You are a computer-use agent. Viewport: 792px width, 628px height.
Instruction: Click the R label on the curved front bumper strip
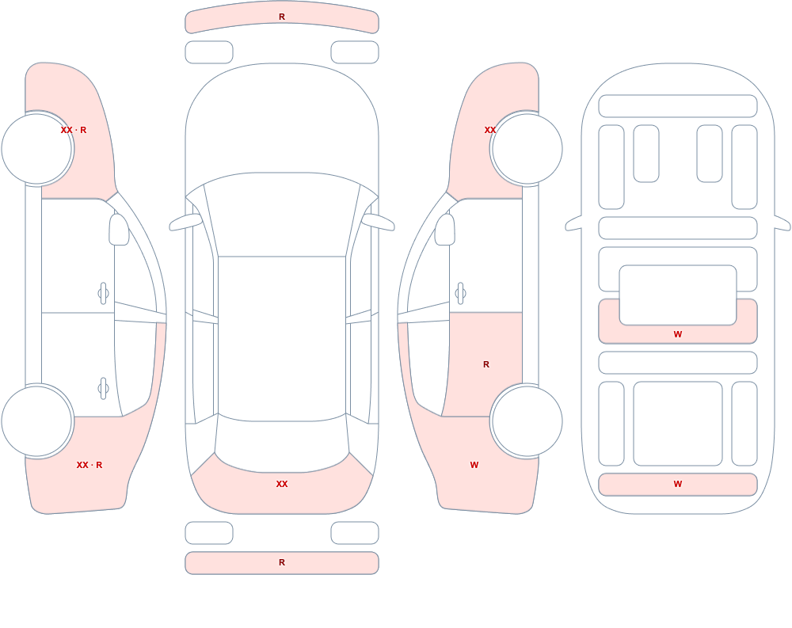click(282, 17)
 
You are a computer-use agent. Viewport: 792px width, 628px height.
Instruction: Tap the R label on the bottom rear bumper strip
click(282, 562)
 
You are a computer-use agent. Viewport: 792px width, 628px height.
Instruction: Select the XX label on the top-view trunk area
click(282, 484)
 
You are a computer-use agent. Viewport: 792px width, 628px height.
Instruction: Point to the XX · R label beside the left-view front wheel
click(74, 130)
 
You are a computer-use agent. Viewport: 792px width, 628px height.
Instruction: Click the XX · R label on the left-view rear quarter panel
click(89, 465)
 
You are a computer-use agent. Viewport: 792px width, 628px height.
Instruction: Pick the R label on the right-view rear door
click(486, 364)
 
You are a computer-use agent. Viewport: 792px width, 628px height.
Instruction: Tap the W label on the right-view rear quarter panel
click(474, 465)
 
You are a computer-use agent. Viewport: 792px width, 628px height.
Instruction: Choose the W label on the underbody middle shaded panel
click(678, 334)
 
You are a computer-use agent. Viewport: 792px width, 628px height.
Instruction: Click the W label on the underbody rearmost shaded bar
click(678, 484)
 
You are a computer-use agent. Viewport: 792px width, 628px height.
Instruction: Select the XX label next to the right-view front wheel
click(490, 130)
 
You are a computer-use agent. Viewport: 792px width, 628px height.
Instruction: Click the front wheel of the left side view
click(37, 149)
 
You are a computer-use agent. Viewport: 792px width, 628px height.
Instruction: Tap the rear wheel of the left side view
click(37, 421)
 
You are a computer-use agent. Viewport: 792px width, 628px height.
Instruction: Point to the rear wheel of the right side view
click(527, 421)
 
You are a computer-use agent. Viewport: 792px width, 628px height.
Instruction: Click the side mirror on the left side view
click(120, 230)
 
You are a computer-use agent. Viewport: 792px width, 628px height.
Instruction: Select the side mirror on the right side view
click(445, 230)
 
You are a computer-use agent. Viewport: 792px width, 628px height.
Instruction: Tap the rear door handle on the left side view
click(104, 389)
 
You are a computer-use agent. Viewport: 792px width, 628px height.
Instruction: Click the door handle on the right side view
click(460, 294)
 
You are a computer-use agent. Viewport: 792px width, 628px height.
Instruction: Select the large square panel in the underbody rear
click(678, 424)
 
